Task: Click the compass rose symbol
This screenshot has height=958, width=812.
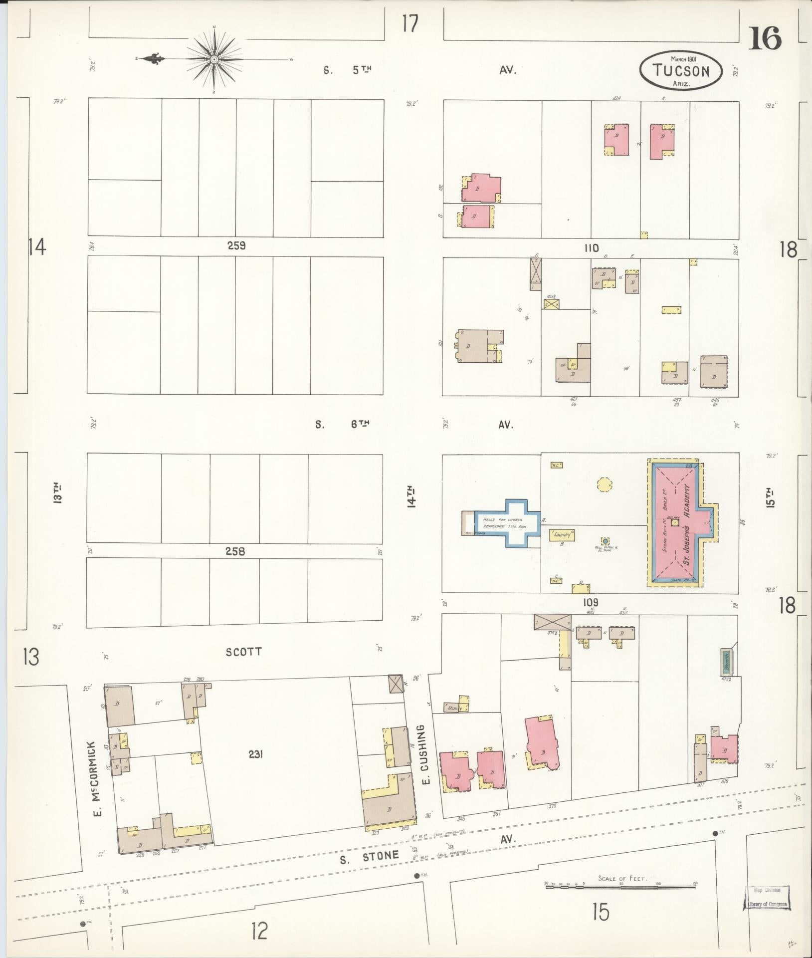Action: tap(214, 59)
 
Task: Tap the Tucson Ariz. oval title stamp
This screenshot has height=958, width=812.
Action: tap(681, 70)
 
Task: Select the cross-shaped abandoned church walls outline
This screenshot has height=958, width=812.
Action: tap(507, 523)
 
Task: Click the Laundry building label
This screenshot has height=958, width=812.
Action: tap(562, 535)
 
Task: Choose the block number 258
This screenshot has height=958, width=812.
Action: tap(235, 552)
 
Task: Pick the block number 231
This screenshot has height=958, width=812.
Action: tap(255, 769)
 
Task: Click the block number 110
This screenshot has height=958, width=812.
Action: tap(593, 248)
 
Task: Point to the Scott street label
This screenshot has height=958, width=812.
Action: tap(243, 652)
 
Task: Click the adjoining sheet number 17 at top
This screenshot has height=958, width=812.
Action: tap(410, 23)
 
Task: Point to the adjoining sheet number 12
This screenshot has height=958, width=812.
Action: tap(259, 931)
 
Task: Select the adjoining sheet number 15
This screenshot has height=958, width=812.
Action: tap(601, 912)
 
